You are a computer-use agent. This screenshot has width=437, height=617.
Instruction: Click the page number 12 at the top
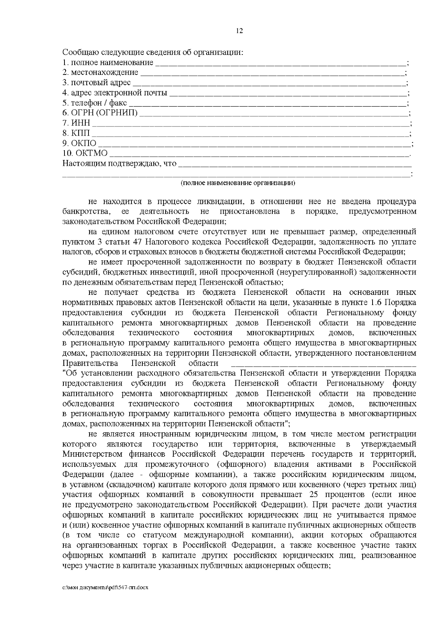[239, 31]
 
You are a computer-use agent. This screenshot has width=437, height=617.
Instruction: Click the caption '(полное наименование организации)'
[238, 183]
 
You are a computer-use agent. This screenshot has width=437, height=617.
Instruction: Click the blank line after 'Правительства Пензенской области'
[323, 364]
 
